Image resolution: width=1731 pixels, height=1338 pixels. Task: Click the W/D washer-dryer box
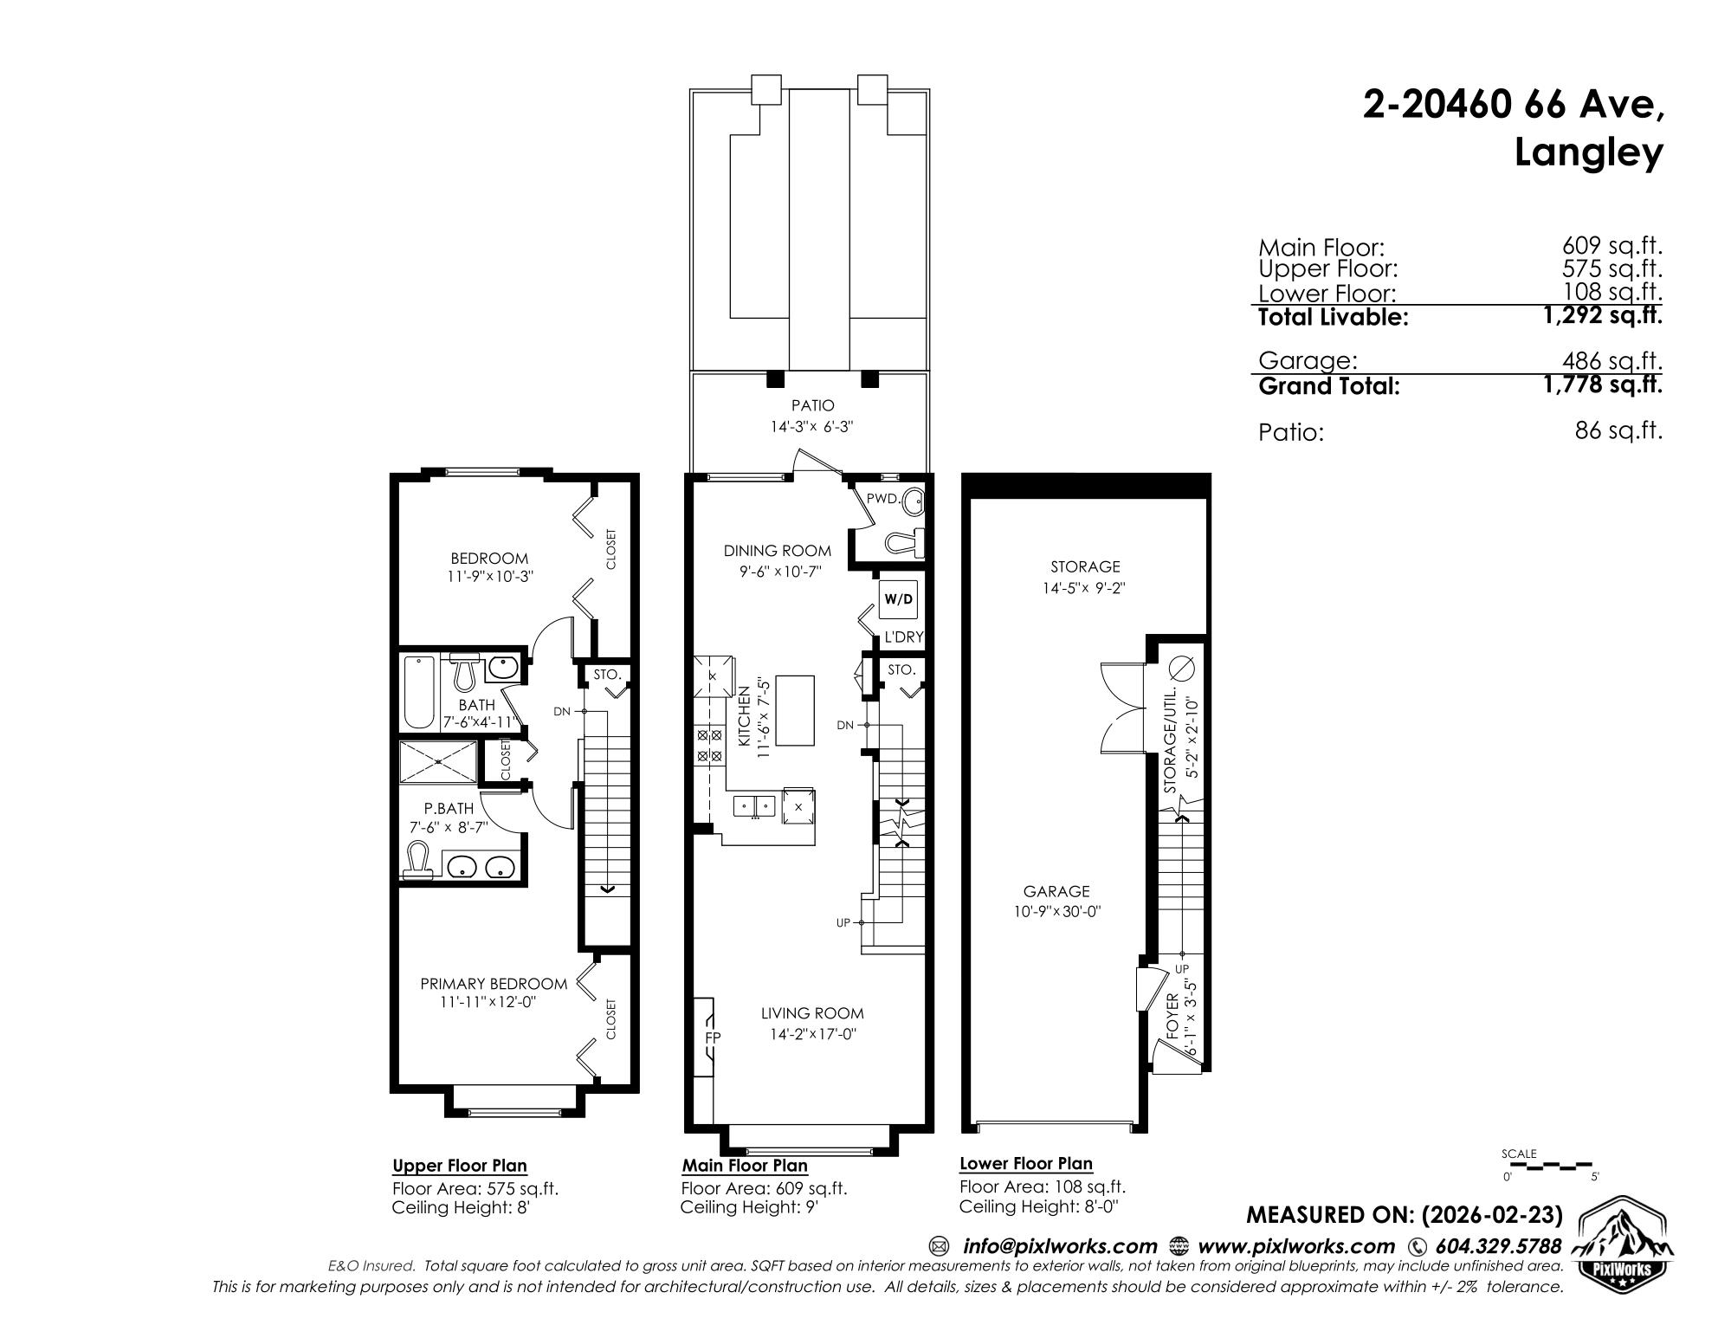898,599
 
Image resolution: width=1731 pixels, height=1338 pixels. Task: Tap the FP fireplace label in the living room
714,1037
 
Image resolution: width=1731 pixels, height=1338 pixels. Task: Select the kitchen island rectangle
796,711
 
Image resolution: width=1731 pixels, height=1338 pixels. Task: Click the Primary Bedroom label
494,984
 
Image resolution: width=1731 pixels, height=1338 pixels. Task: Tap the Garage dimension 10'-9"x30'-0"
1056,911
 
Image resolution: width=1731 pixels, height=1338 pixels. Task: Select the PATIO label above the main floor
812,405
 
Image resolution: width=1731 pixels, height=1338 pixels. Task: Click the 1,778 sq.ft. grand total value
1603,385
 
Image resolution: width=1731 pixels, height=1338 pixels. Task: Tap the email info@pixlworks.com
1060,1246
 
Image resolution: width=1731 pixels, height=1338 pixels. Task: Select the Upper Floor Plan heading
460,1166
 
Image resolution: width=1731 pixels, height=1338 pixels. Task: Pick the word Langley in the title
1589,154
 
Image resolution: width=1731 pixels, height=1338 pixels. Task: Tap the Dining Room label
778,551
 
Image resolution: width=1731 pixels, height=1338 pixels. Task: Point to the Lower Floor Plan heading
1026,1164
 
